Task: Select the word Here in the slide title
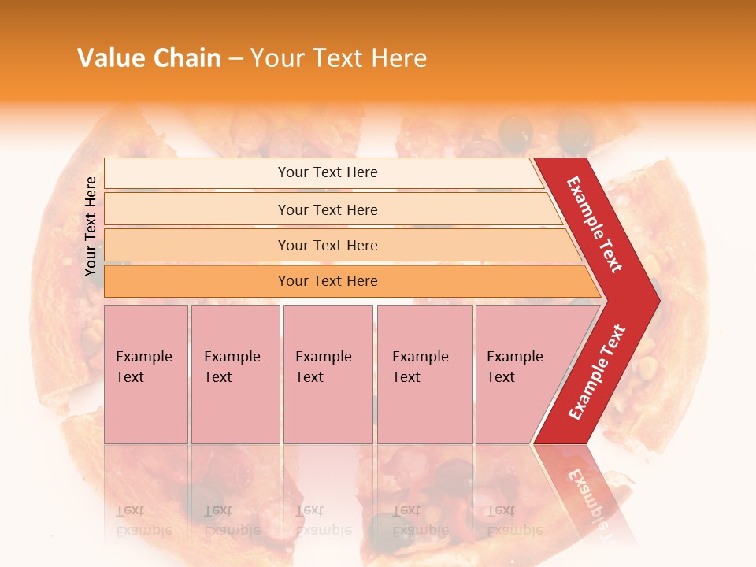tap(398, 58)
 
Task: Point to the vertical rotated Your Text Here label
tap(91, 226)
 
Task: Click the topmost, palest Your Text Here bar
tap(327, 172)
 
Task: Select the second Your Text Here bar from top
tap(327, 209)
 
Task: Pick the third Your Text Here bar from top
tap(327, 245)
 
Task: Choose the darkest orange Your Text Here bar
tap(327, 281)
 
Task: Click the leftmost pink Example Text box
tap(146, 373)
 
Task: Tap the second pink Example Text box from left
tap(235, 373)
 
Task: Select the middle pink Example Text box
tap(328, 373)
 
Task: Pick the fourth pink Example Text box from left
tap(424, 373)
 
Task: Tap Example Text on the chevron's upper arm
tap(595, 224)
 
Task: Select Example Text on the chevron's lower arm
tap(597, 372)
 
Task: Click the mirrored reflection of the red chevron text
tap(586, 496)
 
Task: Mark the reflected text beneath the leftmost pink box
tap(143, 520)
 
